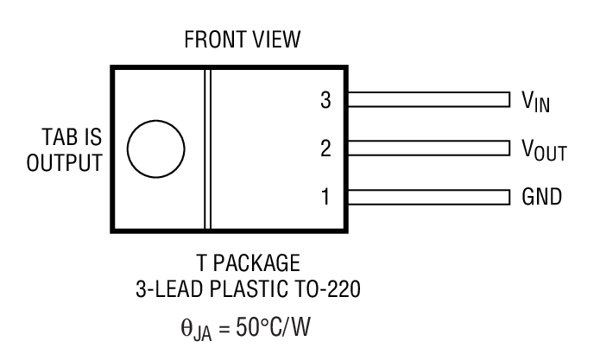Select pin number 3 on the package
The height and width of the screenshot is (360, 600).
[x=325, y=100]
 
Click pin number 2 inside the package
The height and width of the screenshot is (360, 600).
[x=325, y=148]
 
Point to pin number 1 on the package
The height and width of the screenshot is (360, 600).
[x=325, y=198]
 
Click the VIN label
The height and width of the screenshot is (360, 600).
[x=536, y=103]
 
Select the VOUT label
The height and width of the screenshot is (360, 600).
[x=543, y=151]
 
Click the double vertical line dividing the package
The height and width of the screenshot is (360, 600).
[x=208, y=148]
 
